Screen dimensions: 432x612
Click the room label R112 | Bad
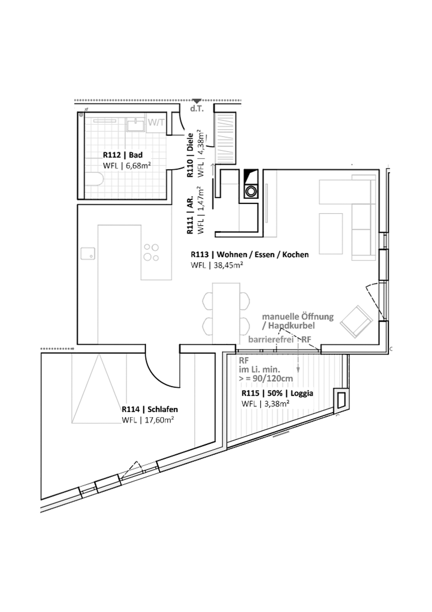point(123,155)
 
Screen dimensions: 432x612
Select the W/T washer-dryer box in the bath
point(156,123)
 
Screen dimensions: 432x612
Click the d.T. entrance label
point(197,109)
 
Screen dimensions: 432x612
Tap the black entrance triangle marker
point(198,101)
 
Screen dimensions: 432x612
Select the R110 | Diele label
point(190,155)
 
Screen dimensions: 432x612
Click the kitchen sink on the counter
point(88,253)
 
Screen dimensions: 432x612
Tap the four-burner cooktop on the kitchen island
point(151,252)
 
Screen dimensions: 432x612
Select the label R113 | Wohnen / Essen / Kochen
point(250,255)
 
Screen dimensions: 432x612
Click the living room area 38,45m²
point(228,266)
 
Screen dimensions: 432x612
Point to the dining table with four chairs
point(226,312)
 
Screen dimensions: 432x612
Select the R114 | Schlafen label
point(150,410)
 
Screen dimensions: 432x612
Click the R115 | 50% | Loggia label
point(278,394)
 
